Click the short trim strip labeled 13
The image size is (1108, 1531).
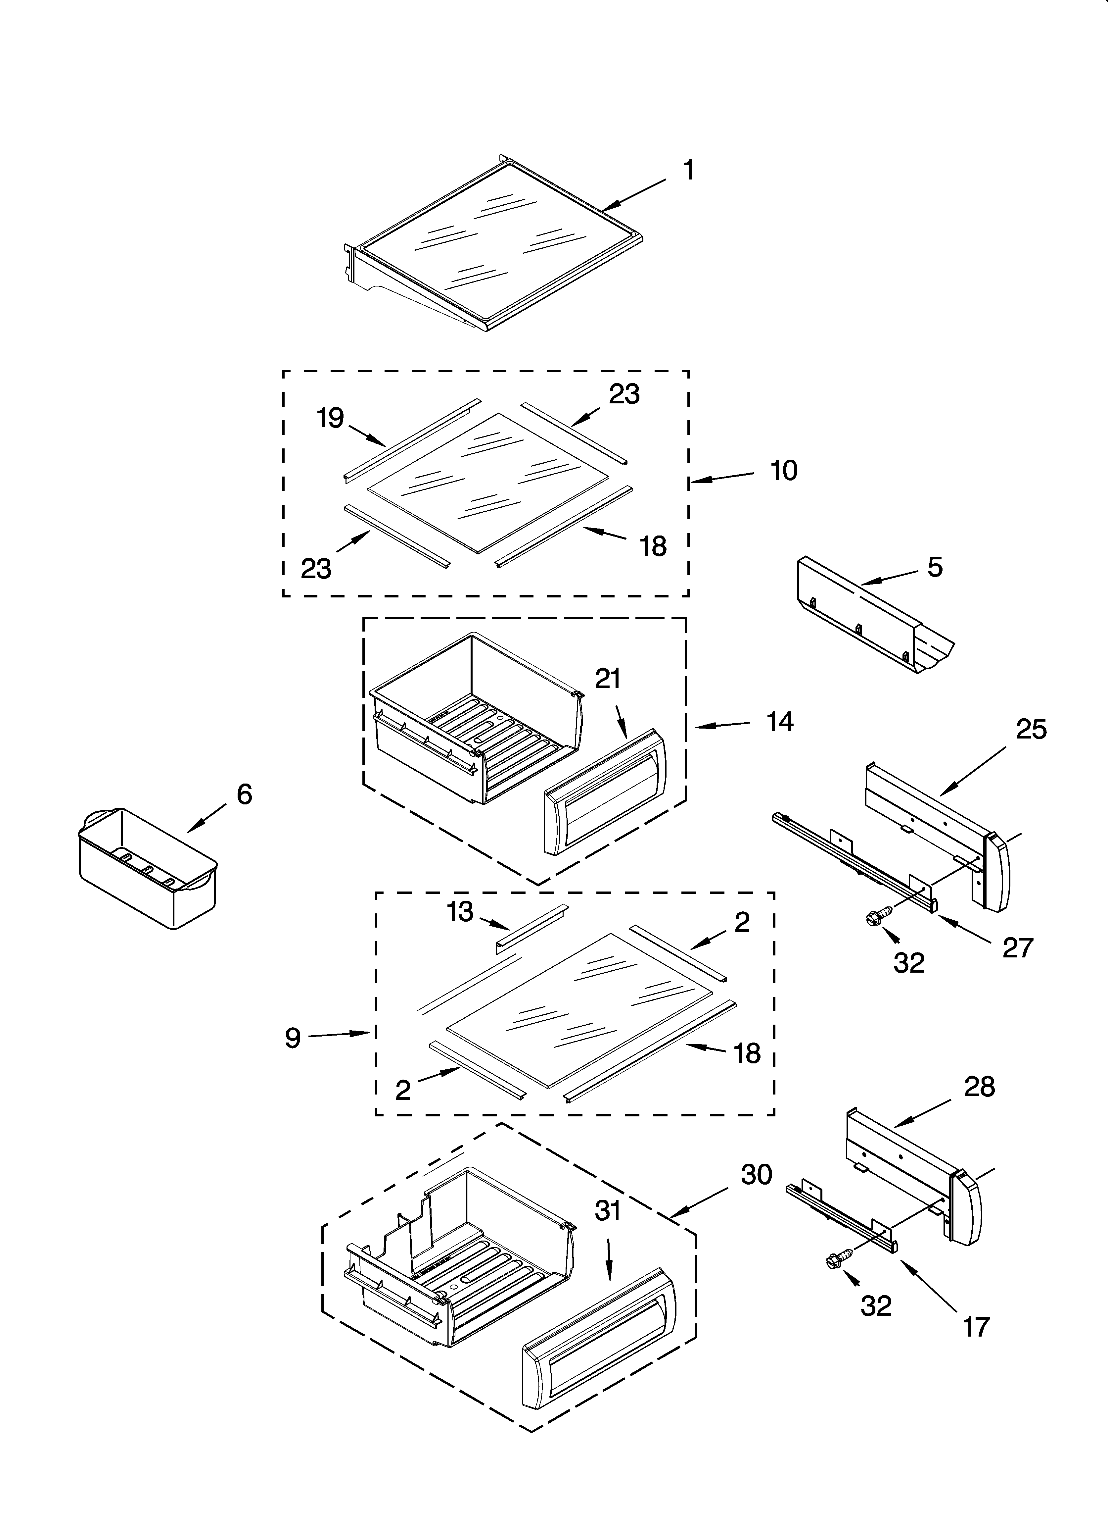(x=532, y=928)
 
